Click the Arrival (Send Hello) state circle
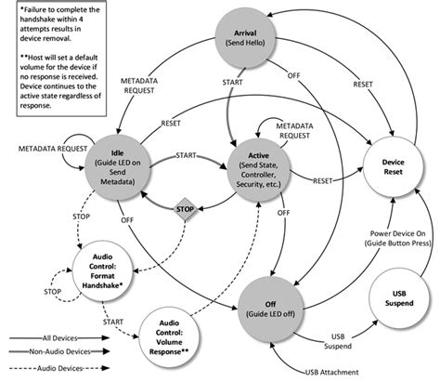click(239, 40)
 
